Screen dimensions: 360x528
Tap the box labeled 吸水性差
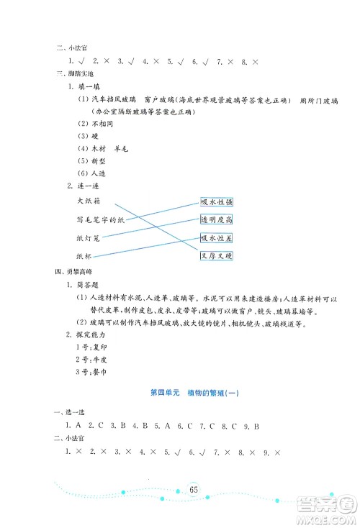(x=221, y=237)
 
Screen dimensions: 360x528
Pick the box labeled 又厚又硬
(x=221, y=255)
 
